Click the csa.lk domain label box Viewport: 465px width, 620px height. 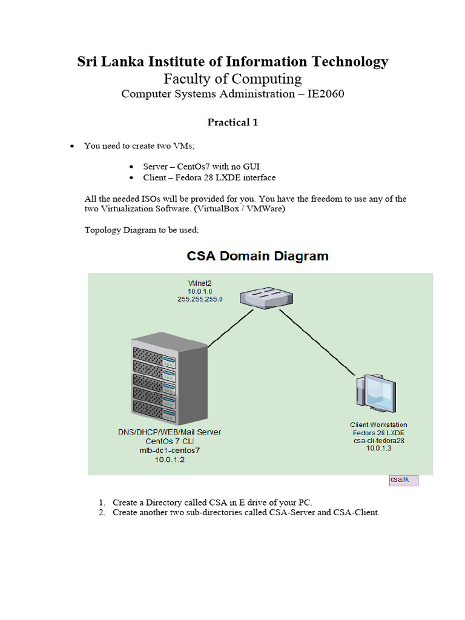(x=403, y=480)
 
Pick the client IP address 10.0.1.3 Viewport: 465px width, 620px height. (x=378, y=449)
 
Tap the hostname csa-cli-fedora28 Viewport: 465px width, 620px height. (x=378, y=441)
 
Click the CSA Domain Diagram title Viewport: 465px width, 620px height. (x=257, y=256)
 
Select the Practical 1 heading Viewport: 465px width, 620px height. (x=232, y=122)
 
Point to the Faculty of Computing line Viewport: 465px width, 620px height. (x=232, y=79)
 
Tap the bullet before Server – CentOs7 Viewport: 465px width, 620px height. (x=131, y=167)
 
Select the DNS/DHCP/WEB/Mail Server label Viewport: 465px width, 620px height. (x=169, y=432)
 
